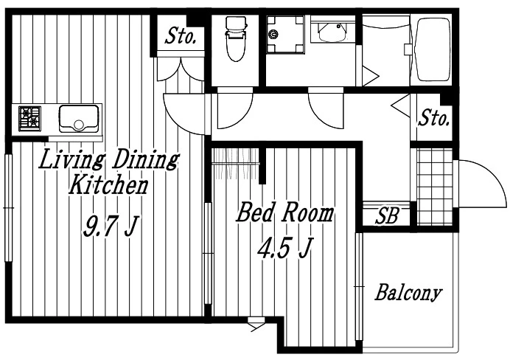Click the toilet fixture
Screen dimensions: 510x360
[236, 38]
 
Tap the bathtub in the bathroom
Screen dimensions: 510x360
[433, 49]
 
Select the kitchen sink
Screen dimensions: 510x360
[79, 119]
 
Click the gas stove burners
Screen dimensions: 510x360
[29, 119]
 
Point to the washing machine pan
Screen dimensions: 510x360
[285, 35]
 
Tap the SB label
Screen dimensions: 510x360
[387, 216]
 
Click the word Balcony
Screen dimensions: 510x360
[408, 292]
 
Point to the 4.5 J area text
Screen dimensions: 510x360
[285, 247]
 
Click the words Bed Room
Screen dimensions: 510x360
[285, 212]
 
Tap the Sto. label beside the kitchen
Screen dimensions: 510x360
[180, 36]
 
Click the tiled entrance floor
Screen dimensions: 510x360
[435, 187]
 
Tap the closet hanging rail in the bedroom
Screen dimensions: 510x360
[236, 163]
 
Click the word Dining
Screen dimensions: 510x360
[145, 159]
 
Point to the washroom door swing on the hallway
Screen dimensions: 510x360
[325, 108]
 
